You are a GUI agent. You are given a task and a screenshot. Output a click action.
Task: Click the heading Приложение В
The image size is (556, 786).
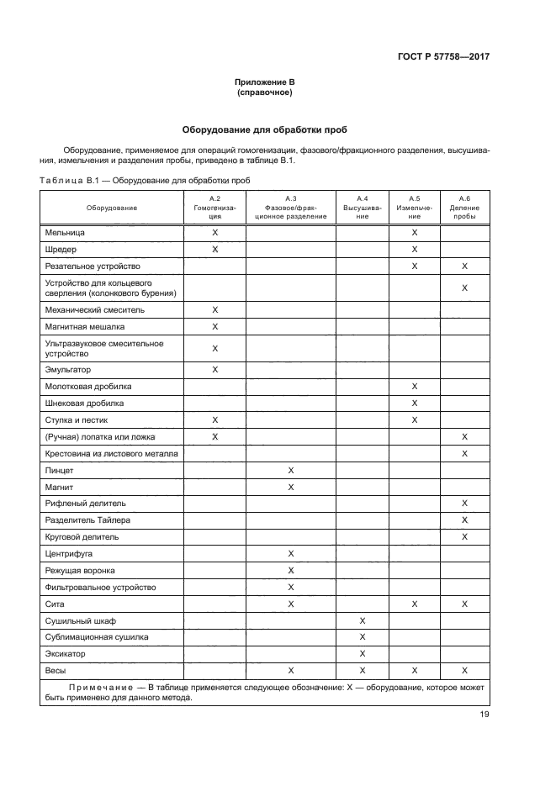pyautogui.click(x=265, y=82)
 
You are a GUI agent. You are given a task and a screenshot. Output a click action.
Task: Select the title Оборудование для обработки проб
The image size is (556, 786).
pyautogui.click(x=265, y=130)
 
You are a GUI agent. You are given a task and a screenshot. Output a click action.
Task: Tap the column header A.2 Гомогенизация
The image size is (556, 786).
pyautogui.click(x=214, y=207)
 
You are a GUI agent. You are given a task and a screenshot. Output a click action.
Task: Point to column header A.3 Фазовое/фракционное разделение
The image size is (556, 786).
pyautogui.click(x=290, y=207)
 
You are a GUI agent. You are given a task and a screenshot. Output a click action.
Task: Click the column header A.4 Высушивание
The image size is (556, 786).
pyautogui.click(x=362, y=207)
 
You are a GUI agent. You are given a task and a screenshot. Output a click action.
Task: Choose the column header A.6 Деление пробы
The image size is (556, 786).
pyautogui.click(x=464, y=207)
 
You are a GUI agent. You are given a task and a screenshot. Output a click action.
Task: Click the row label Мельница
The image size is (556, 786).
pyautogui.click(x=65, y=231)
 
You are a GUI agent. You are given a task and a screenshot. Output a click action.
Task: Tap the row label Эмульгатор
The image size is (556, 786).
pyautogui.click(x=68, y=369)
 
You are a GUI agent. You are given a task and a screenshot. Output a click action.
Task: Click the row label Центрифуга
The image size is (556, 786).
pyautogui.click(x=69, y=553)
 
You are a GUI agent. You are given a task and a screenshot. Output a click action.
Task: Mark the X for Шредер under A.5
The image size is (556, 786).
pyautogui.click(x=414, y=249)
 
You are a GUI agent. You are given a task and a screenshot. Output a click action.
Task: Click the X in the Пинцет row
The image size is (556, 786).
pyautogui.click(x=290, y=470)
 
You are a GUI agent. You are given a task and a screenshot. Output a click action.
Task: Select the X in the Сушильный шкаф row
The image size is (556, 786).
pyautogui.click(x=362, y=620)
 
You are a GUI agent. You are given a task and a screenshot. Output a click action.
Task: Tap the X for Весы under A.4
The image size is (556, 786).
pyautogui.click(x=362, y=670)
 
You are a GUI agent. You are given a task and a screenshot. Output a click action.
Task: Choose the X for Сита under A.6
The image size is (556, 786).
pyautogui.click(x=464, y=604)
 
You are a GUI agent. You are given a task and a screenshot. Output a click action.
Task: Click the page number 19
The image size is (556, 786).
pyautogui.click(x=485, y=715)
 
